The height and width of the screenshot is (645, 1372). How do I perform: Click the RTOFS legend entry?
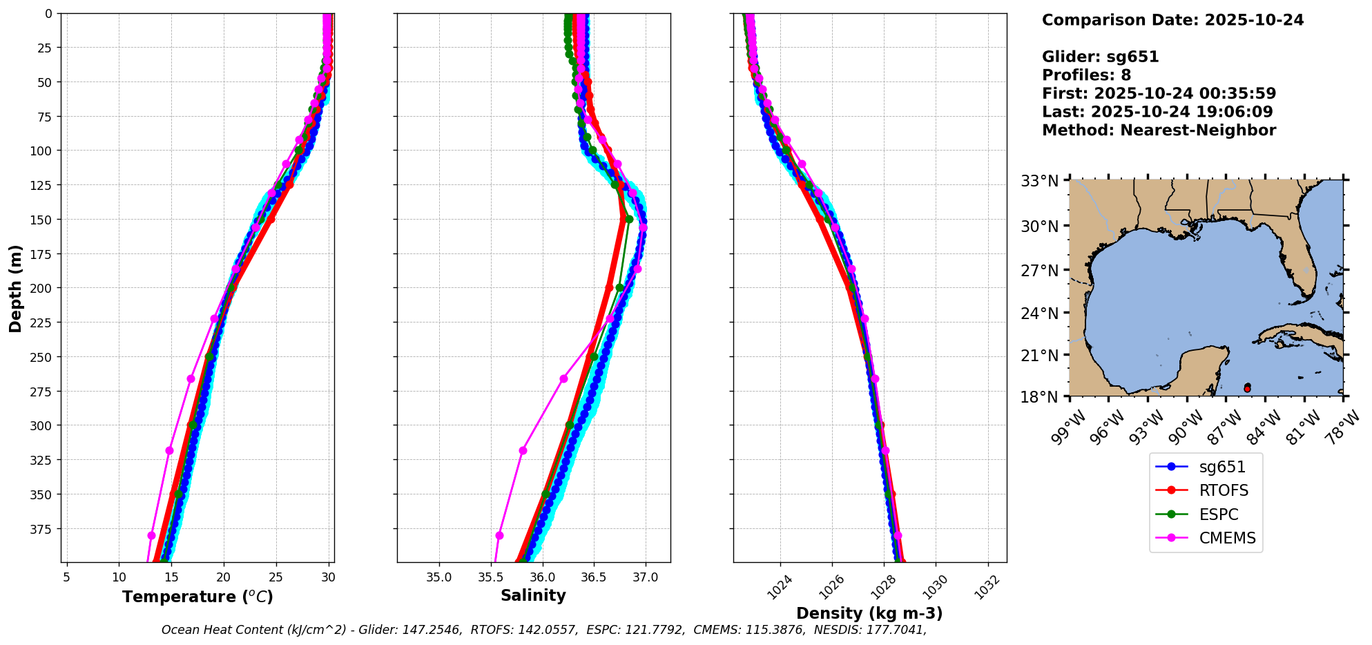coord(1223,491)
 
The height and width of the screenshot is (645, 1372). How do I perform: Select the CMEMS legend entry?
coord(1226,539)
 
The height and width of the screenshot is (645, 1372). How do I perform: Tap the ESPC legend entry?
coord(1218,515)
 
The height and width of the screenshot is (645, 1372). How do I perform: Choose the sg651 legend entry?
coord(1221,468)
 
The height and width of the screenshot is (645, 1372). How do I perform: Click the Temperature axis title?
coord(197,597)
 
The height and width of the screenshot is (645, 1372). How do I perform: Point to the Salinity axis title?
coord(533,596)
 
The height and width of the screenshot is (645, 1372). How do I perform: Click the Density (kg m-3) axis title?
coord(869,613)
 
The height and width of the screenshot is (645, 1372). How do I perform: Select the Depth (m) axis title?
coord(15,288)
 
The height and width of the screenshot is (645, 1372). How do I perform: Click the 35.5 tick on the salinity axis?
coord(490,577)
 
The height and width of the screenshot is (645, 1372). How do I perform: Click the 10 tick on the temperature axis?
coord(119,577)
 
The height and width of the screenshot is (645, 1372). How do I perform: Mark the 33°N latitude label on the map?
coord(1040,181)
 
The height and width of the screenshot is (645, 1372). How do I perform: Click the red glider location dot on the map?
coord(1247,389)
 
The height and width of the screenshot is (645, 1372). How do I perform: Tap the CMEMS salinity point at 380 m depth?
coord(499,535)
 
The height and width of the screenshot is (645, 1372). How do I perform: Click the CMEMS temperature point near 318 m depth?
coord(169,450)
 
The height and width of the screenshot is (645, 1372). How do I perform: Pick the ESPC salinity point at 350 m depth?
coord(545,494)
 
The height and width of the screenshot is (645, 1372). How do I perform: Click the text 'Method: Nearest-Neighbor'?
coord(1159,131)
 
